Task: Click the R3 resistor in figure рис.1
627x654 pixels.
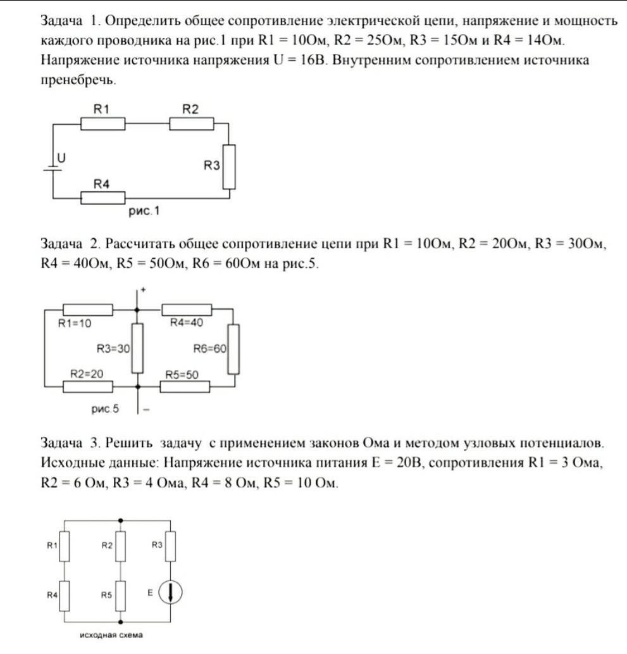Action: coord(229,167)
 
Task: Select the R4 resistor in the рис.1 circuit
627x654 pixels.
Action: coord(102,198)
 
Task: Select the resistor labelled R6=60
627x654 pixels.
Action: coord(233,349)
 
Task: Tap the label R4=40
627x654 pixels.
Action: coord(187,323)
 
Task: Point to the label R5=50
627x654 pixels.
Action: coord(182,375)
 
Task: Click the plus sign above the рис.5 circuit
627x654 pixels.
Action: coord(144,290)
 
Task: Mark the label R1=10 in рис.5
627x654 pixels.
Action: coord(75,323)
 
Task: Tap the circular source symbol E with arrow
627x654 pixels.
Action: coord(170,593)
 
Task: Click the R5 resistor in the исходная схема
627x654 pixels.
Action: coord(121,594)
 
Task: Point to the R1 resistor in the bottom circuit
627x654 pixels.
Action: coord(64,546)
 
